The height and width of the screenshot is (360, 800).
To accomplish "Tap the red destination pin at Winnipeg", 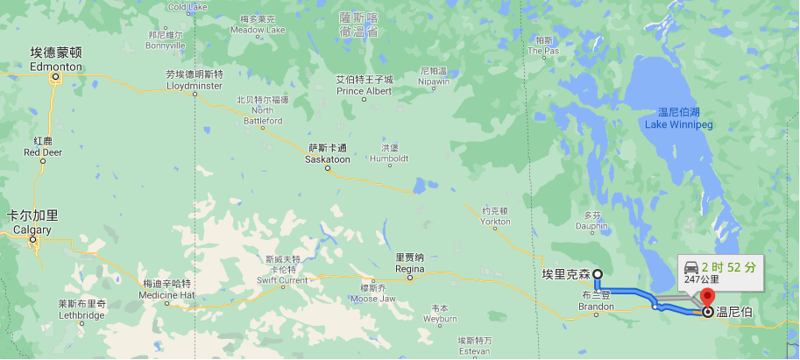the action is pyautogui.click(x=708, y=296).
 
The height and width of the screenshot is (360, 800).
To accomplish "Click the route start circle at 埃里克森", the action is pyautogui.click(x=598, y=274).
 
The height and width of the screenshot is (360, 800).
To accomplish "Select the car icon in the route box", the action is pyautogui.click(x=690, y=266).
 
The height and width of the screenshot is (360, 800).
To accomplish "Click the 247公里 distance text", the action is pyautogui.click(x=702, y=279).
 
